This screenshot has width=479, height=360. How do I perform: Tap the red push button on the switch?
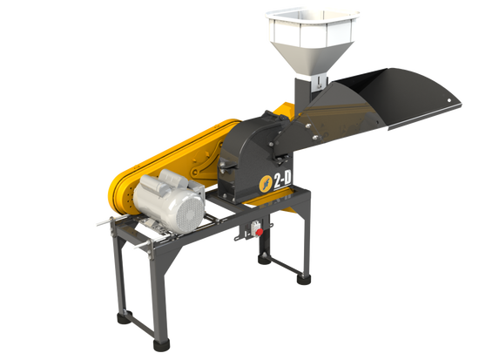click(x=260, y=232)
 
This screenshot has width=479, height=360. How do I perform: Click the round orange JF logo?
click(x=265, y=184)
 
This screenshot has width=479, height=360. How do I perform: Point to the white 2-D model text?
click(x=282, y=180)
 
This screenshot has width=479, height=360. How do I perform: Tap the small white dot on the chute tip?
click(x=449, y=100)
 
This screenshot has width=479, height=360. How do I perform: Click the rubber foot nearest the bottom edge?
click(x=161, y=345)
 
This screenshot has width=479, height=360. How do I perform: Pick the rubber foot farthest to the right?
click(x=304, y=280)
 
